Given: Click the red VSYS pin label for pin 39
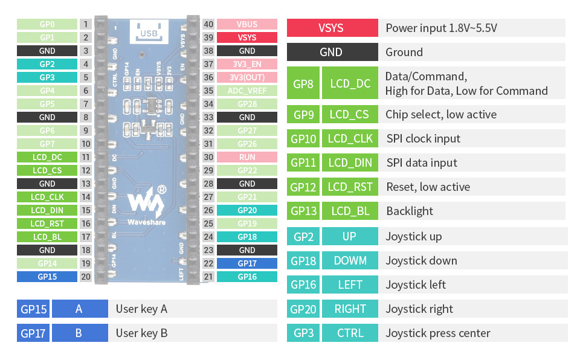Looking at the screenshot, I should point(246,37).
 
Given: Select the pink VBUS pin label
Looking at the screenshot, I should point(246,24).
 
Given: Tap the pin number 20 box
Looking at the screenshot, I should point(86,277).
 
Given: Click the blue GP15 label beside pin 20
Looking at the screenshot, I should point(47,277).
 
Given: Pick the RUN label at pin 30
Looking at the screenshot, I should point(246,157).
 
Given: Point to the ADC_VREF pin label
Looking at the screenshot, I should point(246,91).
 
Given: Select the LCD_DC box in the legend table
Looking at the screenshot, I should point(350,83).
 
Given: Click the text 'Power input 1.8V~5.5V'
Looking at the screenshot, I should point(441,28).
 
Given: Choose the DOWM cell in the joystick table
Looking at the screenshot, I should point(350,260).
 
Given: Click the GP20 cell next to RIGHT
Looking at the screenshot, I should point(303,309).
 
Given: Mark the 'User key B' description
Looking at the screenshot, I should point(142,333).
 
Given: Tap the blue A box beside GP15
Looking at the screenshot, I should point(79,309).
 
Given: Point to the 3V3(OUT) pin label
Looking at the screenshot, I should point(246,77).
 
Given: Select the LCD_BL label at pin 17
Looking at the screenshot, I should point(47,237).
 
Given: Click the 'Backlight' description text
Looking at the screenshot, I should point(409,211).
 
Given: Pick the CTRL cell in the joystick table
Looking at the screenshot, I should point(350,333).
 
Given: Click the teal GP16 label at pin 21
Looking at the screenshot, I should point(246,277).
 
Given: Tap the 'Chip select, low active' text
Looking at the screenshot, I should point(441,114).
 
